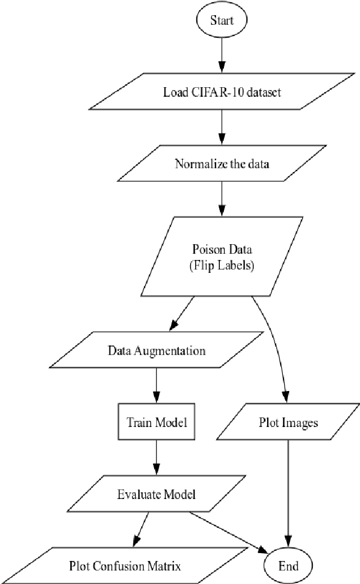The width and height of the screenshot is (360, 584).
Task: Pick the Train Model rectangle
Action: (x=156, y=422)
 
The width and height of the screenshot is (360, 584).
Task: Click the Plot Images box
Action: (x=289, y=422)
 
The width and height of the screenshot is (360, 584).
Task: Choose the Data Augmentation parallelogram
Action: (x=156, y=351)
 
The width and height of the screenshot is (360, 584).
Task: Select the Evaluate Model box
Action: (x=156, y=495)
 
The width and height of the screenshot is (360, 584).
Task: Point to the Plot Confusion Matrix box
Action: (x=125, y=565)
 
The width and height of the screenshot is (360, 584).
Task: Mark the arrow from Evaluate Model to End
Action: (x=231, y=532)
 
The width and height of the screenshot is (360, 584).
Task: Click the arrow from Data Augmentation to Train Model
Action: (x=156, y=385)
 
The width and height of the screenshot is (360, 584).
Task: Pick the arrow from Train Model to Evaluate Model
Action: (x=156, y=457)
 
